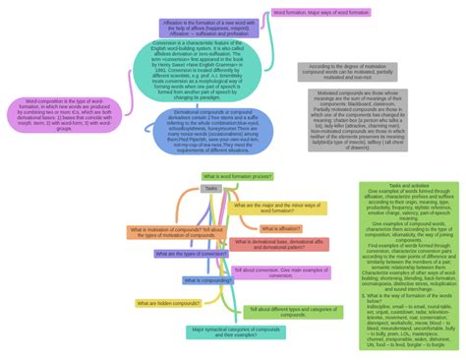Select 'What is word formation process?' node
tap(238, 176)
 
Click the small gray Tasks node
tap(211, 188)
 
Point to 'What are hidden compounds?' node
tap(168, 303)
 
